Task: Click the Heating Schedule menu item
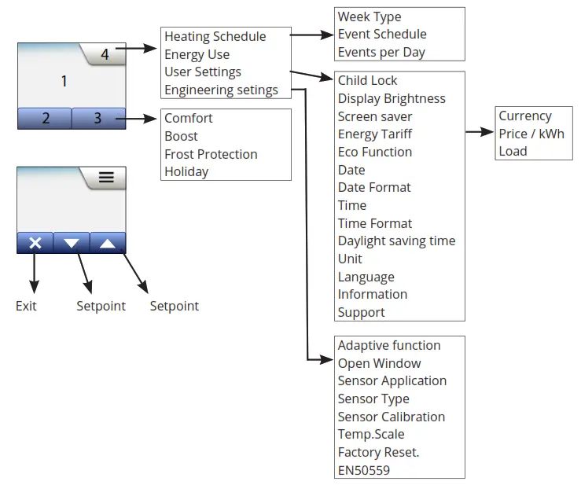[215, 37]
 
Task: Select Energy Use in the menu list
[197, 54]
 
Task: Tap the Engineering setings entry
[221, 90]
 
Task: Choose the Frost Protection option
[211, 154]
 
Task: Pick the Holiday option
[186, 172]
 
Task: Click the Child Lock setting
[367, 80]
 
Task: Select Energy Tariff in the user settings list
[374, 134]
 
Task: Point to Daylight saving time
[396, 241]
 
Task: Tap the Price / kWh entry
[531, 134]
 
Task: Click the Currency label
[525, 116]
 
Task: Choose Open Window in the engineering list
[379, 363]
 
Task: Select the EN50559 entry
[364, 471]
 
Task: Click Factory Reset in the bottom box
[378, 453]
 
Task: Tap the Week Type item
[370, 17]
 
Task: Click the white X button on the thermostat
[35, 243]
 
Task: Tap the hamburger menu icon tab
[106, 177]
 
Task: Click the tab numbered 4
[105, 54]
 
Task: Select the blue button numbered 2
[45, 118]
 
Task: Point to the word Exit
[26, 306]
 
